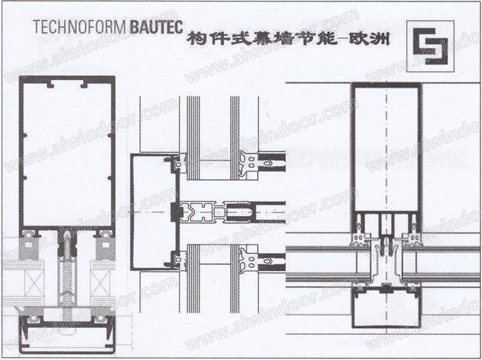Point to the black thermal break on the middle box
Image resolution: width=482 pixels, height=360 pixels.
(175, 212)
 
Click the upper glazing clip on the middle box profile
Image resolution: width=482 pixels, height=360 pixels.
(177, 163)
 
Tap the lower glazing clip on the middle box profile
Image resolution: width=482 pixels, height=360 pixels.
(177, 260)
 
